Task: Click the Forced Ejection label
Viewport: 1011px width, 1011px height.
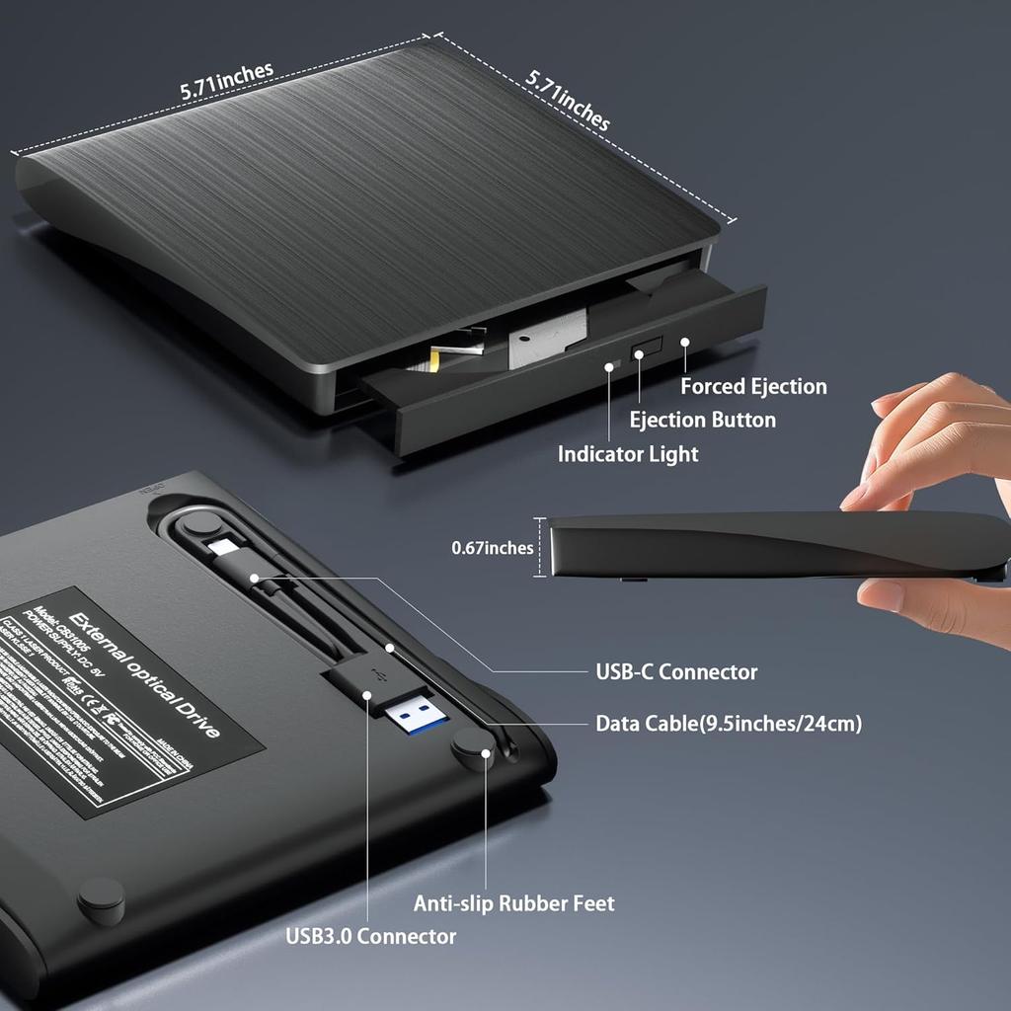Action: (x=753, y=386)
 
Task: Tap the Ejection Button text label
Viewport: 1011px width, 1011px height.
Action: (x=703, y=420)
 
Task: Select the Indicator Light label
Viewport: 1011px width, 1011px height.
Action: (x=628, y=454)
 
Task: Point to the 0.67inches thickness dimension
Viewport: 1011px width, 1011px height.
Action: (x=492, y=548)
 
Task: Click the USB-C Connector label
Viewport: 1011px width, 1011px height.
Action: (x=676, y=672)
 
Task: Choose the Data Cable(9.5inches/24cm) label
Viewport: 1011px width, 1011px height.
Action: (x=729, y=724)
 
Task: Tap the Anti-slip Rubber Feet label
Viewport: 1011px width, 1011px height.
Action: (x=513, y=903)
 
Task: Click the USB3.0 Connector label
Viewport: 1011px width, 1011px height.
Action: (x=371, y=936)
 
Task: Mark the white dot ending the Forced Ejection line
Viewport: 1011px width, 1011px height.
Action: (x=683, y=342)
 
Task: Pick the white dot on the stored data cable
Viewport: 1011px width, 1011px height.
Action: (x=390, y=649)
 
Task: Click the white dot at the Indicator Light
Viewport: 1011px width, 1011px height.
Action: (x=610, y=366)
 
